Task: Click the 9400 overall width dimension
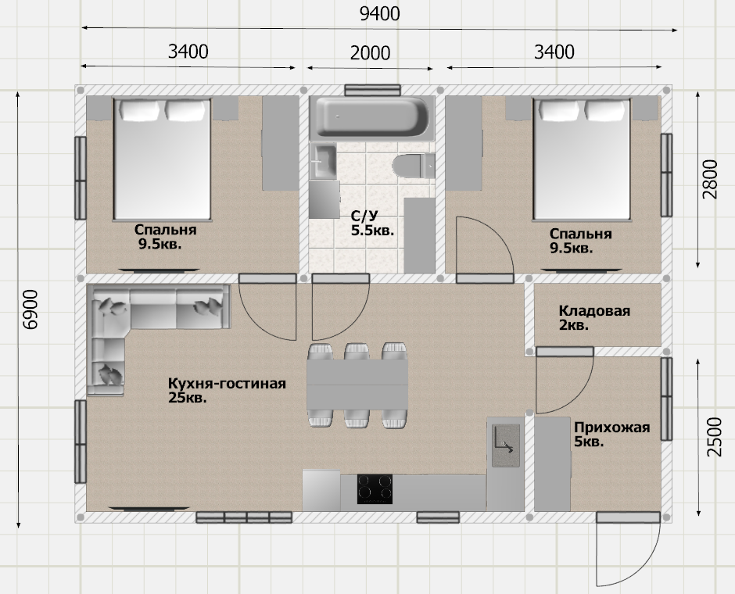[x=380, y=14]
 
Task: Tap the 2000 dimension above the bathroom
[x=370, y=53]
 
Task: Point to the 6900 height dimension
[x=30, y=310]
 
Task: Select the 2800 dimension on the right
[x=710, y=180]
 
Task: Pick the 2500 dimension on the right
[x=714, y=437]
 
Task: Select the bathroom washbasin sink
[x=324, y=162]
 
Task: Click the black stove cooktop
[x=375, y=489]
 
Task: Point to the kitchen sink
[x=506, y=445]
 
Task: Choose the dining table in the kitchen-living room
[x=357, y=385]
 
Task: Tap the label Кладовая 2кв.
[x=594, y=317]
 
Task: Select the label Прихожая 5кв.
[x=611, y=435]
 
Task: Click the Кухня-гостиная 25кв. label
[x=227, y=390]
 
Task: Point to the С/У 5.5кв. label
[x=373, y=223]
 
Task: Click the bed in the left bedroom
[x=162, y=159]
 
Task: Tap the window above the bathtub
[x=373, y=90]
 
